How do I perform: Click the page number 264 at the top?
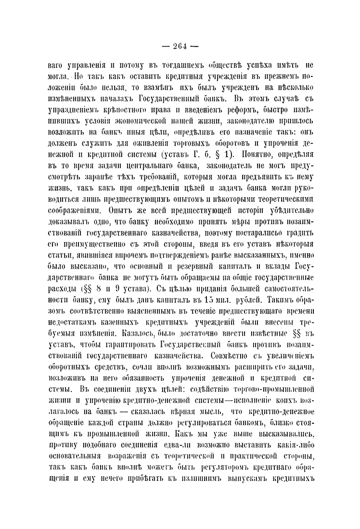(180, 47)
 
